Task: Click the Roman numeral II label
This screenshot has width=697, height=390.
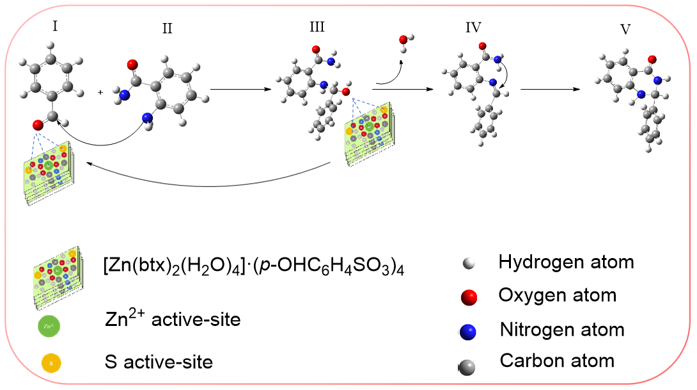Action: (x=167, y=28)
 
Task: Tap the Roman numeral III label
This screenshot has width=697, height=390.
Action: (x=316, y=27)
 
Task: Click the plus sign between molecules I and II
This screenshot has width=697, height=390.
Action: (x=101, y=92)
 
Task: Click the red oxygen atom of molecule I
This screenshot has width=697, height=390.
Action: (x=38, y=126)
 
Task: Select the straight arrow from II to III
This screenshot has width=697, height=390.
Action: (x=237, y=90)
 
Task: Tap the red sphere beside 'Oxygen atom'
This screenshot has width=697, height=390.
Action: (x=470, y=297)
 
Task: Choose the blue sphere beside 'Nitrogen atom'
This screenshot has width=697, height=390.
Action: (x=470, y=331)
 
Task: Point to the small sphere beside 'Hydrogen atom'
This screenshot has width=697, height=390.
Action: (x=469, y=264)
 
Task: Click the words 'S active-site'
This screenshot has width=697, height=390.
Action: (x=159, y=362)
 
